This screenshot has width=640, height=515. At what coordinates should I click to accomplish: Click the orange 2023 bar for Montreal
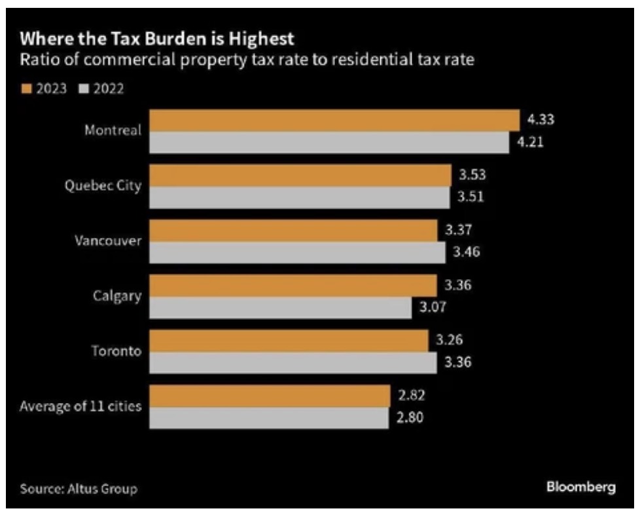334,120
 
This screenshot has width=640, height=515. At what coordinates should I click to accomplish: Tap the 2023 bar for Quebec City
300,175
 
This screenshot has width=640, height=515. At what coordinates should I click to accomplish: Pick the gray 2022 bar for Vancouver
298,252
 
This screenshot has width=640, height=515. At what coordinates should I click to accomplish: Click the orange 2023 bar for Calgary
293,285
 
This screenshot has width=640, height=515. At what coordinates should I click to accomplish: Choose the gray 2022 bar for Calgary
281,307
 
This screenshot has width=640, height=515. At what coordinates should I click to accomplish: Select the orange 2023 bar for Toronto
289,341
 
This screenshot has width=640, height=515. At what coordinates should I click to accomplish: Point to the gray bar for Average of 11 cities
269,418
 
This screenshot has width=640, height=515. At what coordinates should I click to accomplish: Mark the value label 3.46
467,252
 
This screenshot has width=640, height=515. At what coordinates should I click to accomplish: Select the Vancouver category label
107,240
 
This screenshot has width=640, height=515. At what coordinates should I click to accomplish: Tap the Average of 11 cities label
80,406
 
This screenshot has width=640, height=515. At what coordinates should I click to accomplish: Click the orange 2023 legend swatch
26,88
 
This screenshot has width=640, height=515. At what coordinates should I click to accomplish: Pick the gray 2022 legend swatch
84,88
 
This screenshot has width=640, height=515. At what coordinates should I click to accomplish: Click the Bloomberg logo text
580,487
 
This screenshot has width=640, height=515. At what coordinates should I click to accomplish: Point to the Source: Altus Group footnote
79,489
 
